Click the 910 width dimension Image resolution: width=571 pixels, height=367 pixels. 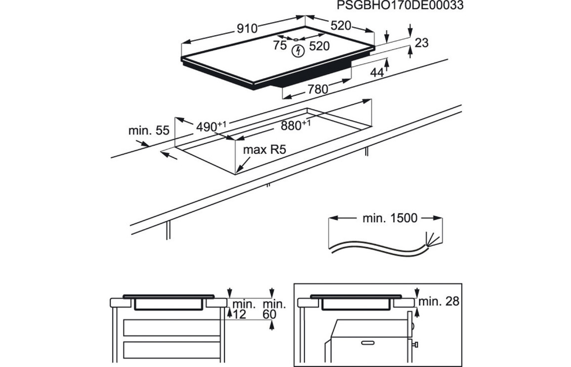click(246, 28)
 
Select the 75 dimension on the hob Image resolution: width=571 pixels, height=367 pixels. click(280, 46)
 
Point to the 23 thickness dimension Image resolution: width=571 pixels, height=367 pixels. click(421, 43)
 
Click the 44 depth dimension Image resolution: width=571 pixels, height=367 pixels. click(377, 73)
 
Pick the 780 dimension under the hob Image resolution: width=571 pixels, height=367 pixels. click(318, 90)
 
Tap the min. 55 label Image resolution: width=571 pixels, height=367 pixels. click(149, 131)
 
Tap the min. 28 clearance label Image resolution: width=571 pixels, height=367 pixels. click(439, 301)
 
